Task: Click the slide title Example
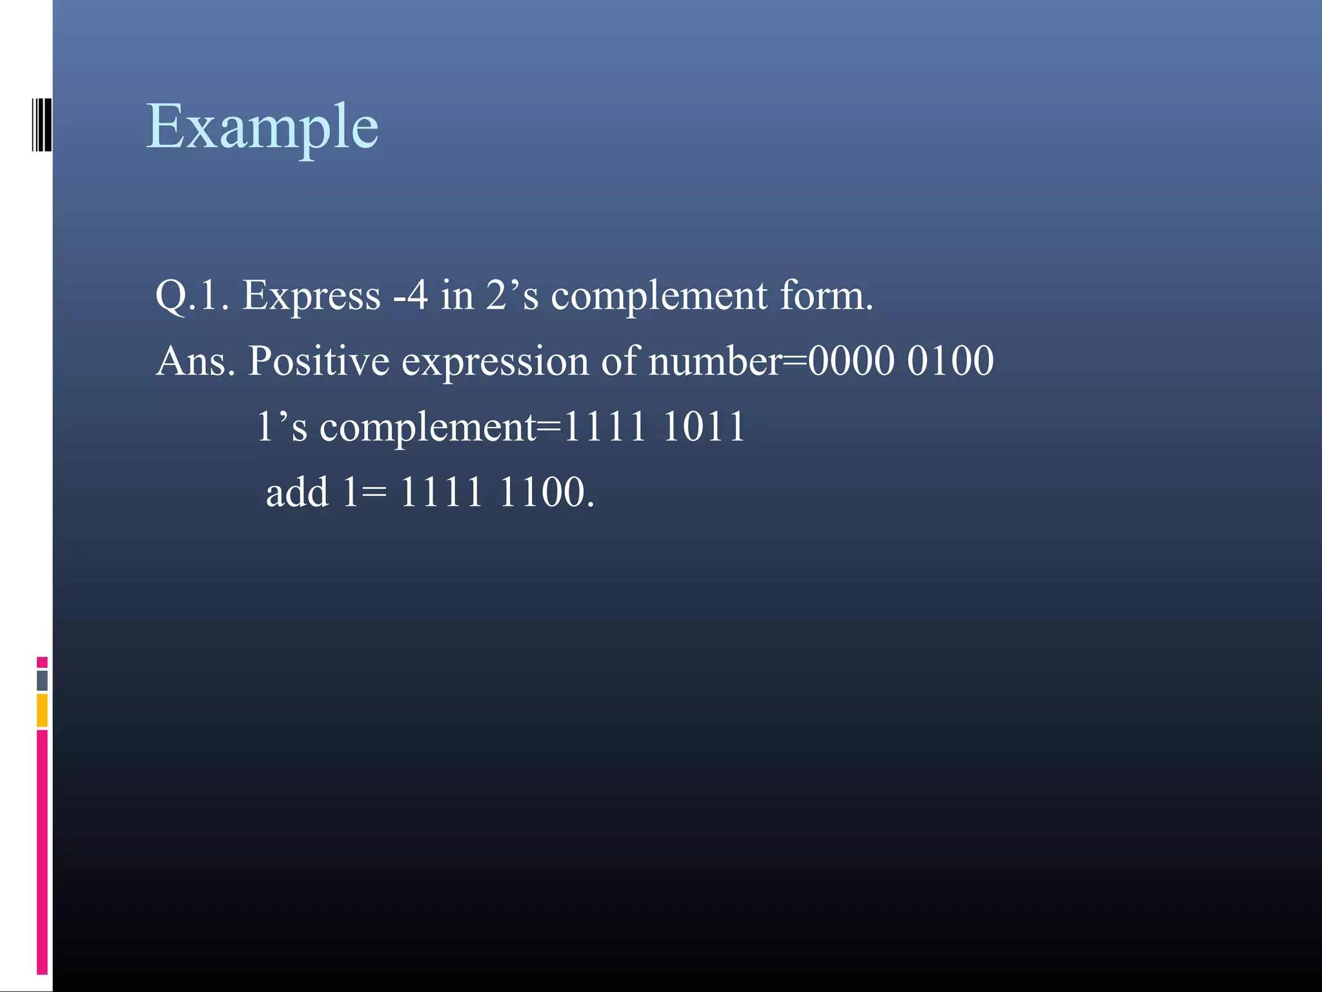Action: tap(262, 127)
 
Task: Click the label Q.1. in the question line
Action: tap(192, 296)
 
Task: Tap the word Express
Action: tap(311, 296)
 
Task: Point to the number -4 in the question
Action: tap(411, 296)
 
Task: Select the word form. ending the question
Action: tap(826, 296)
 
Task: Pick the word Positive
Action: tap(319, 361)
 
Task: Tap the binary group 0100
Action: tap(950, 361)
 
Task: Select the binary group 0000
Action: tap(851, 361)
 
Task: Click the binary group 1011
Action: tap(704, 427)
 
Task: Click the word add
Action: tap(297, 493)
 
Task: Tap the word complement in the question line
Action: tap(659, 297)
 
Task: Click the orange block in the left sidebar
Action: tap(42, 710)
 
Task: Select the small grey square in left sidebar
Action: tap(42, 680)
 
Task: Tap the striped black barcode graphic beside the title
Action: tap(41, 125)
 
